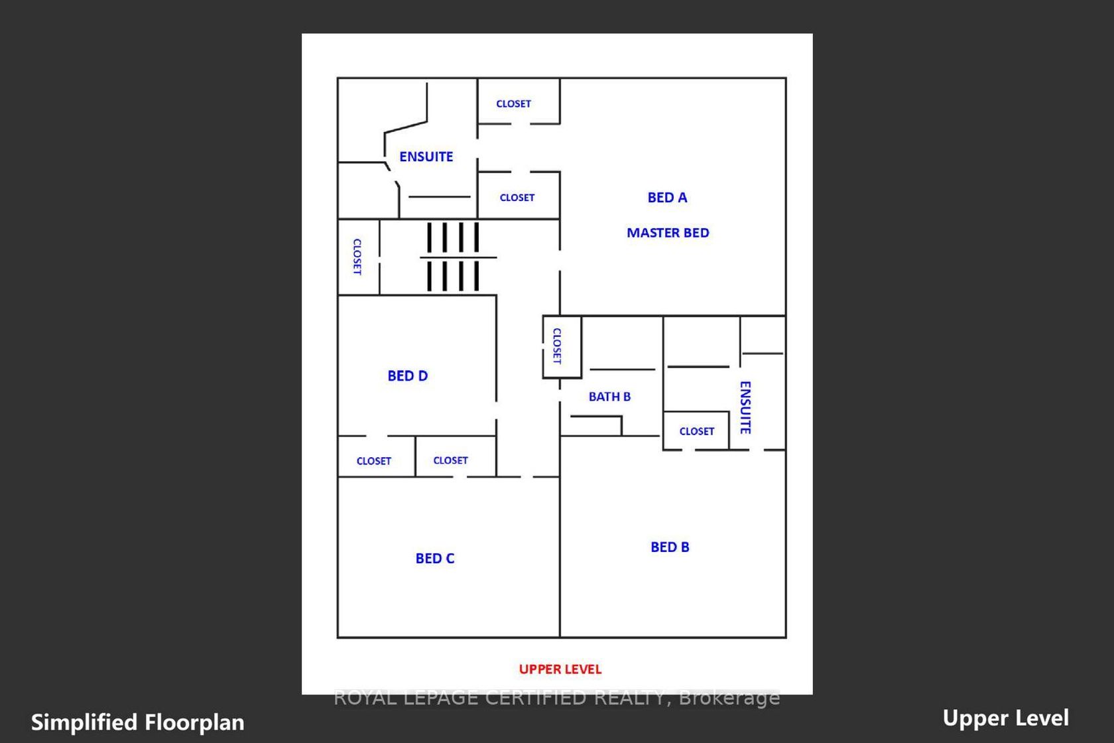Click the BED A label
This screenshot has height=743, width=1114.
click(667, 198)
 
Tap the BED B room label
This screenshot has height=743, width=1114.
click(670, 547)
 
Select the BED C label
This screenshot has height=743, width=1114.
click(435, 559)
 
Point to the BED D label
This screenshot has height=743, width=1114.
click(408, 375)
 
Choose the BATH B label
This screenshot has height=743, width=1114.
click(610, 397)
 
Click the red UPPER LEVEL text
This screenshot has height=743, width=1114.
click(560, 669)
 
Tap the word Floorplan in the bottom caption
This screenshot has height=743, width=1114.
click(194, 722)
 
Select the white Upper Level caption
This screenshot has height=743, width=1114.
click(1005, 718)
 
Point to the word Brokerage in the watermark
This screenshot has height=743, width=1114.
click(729, 698)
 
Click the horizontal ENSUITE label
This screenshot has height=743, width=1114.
click(426, 157)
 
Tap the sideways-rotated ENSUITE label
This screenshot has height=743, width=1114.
click(745, 407)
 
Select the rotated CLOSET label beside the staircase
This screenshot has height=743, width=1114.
click(357, 257)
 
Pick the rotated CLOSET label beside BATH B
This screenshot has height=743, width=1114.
click(557, 346)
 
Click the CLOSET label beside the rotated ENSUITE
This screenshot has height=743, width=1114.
click(697, 431)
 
